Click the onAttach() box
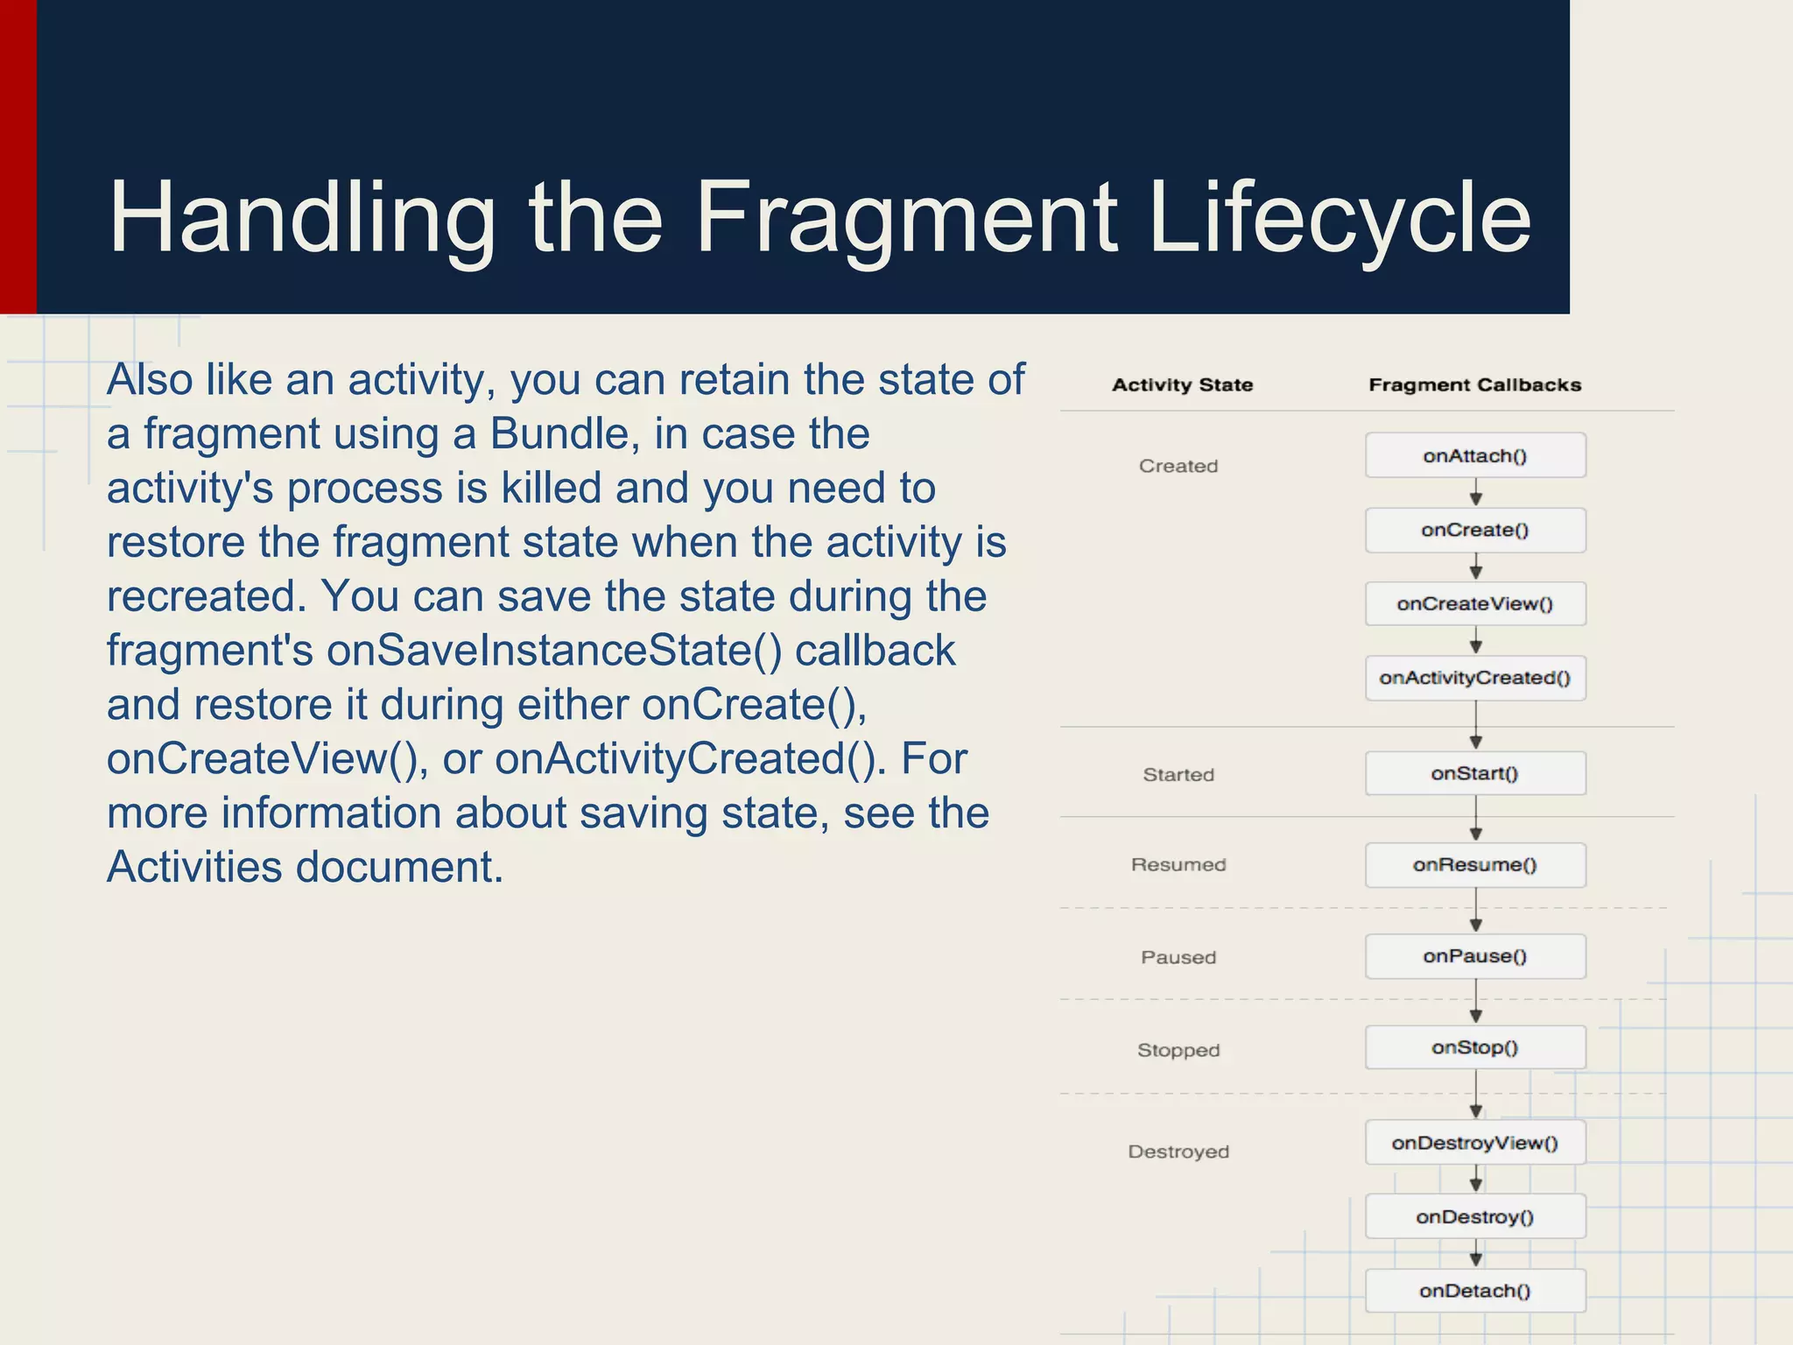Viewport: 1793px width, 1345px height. click(1475, 455)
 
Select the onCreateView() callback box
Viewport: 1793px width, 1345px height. click(1475, 603)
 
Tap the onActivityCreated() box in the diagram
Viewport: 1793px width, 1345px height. click(1475, 678)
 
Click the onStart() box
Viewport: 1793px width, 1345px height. click(1475, 773)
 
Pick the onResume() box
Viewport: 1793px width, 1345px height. click(1475, 865)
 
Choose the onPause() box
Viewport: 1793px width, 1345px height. click(1475, 956)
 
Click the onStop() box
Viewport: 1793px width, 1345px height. click(1475, 1047)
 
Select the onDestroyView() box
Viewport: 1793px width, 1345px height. click(1475, 1143)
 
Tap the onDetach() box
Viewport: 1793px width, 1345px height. click(1475, 1291)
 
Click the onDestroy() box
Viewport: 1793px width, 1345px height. click(1475, 1216)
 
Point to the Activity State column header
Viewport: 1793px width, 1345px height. click(1182, 384)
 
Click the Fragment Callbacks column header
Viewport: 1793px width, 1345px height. click(1475, 384)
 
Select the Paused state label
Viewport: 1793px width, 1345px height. click(1178, 957)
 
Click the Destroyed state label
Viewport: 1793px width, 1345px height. click(1178, 1151)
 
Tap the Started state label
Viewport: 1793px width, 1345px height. click(1178, 774)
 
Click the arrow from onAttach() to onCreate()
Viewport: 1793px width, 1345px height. click(1476, 492)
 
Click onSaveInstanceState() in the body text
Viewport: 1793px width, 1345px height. click(554, 651)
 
